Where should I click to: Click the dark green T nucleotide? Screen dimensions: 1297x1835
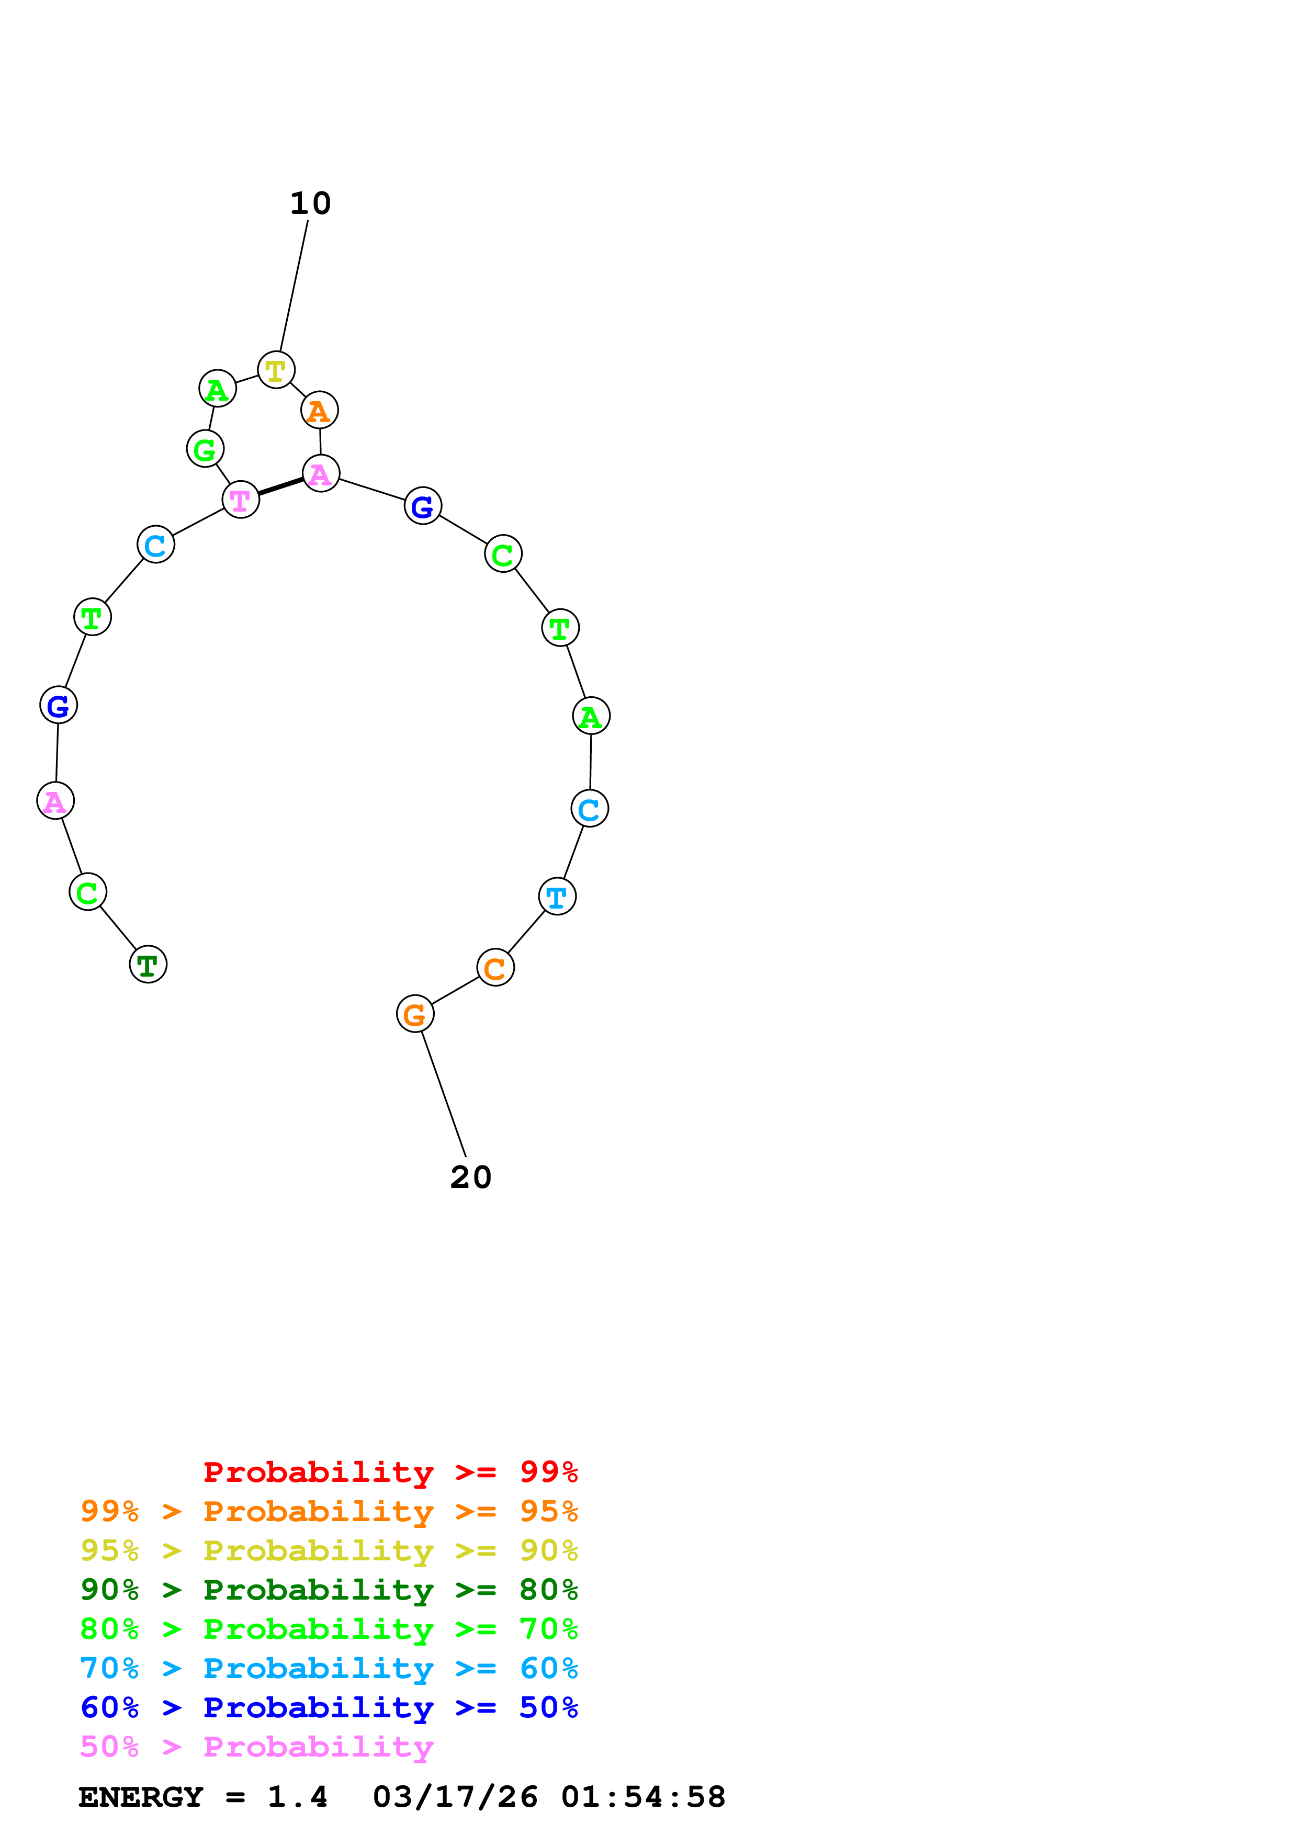(x=148, y=964)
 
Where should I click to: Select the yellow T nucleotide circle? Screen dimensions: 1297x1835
(x=276, y=370)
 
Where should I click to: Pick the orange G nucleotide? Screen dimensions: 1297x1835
(x=415, y=1014)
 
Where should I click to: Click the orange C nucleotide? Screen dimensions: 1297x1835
(x=495, y=968)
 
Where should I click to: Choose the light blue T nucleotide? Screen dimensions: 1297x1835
(x=557, y=897)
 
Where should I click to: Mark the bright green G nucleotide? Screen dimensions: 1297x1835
(x=206, y=449)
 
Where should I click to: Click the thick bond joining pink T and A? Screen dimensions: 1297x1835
(x=280, y=486)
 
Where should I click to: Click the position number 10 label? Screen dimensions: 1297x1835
(x=310, y=204)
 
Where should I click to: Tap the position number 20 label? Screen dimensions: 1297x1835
(x=471, y=1177)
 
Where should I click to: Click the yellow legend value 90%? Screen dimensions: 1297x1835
(x=548, y=1550)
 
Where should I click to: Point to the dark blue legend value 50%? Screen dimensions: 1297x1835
(x=548, y=1707)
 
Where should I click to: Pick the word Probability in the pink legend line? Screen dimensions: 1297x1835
(x=318, y=1747)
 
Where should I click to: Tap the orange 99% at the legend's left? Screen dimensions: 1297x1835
(x=109, y=1511)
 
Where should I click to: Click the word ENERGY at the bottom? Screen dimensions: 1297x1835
(x=141, y=1797)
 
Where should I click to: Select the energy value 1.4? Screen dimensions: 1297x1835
(x=297, y=1797)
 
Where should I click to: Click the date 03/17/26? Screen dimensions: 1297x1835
(x=455, y=1797)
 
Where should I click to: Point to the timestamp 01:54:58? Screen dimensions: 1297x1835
(x=644, y=1797)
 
